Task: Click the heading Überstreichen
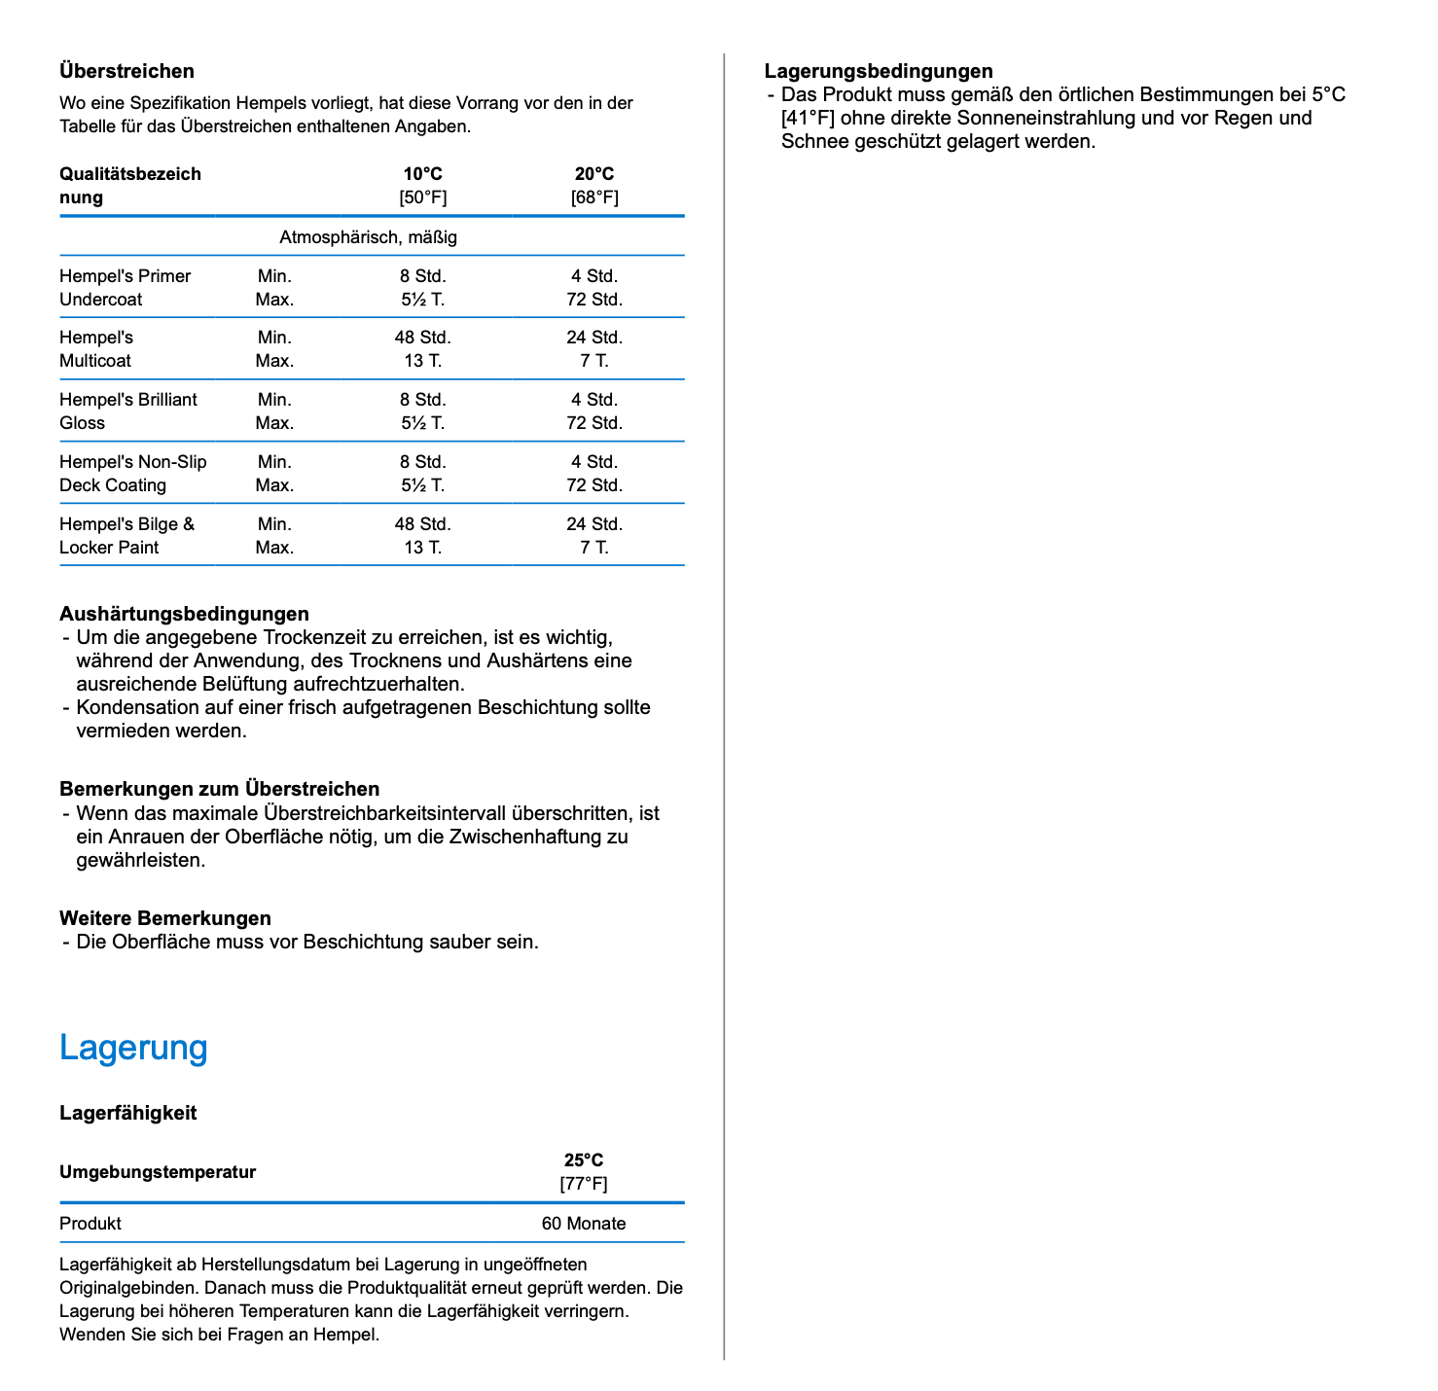(x=126, y=71)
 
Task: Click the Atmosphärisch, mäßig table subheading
(x=368, y=237)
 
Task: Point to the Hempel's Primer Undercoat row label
(x=125, y=288)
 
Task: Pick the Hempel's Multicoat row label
(x=95, y=349)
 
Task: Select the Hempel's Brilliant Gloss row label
(x=127, y=411)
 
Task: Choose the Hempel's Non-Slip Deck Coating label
(x=132, y=474)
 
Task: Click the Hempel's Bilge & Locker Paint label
(x=126, y=536)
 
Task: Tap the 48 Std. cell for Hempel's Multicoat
(x=422, y=338)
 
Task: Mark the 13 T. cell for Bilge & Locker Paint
(x=422, y=548)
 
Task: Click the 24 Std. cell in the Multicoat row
(x=593, y=338)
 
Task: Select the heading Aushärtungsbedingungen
(x=184, y=614)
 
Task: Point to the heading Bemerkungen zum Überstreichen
(x=219, y=789)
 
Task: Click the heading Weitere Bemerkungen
(x=165, y=918)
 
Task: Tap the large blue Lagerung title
(x=133, y=1048)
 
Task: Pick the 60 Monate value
(x=584, y=1224)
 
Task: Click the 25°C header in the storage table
(x=584, y=1160)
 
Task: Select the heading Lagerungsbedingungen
(x=879, y=71)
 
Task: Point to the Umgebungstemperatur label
(x=158, y=1172)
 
